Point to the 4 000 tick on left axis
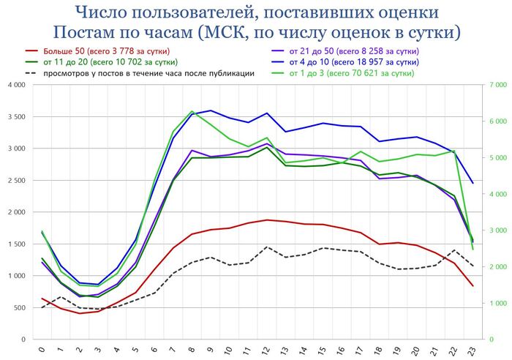click(17, 86)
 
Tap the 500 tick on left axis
click(19, 308)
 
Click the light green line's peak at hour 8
click(192, 111)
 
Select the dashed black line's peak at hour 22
click(454, 250)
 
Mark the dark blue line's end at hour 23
click(473, 183)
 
